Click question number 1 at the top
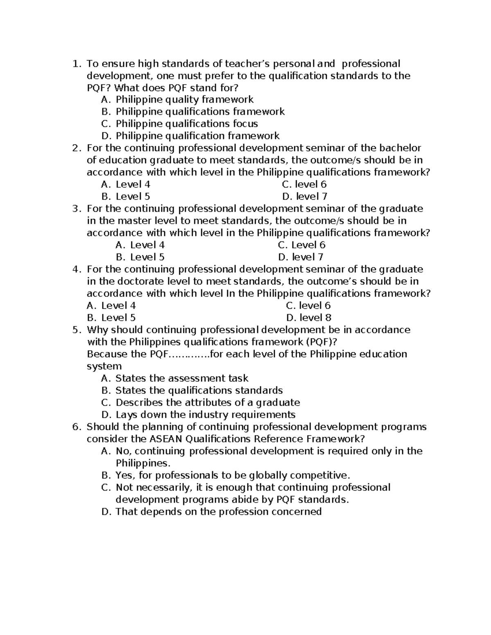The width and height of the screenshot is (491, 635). pos(75,64)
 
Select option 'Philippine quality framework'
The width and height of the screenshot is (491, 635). pos(184,100)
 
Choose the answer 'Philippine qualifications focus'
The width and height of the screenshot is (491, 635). pos(187,124)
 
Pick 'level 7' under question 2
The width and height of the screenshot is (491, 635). pos(304,196)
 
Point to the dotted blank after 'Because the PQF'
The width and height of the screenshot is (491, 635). pos(189,354)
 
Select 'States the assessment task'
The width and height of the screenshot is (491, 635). pos(182,378)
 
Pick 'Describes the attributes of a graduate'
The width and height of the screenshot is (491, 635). pos(207,403)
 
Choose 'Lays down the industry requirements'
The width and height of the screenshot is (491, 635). pos(205,415)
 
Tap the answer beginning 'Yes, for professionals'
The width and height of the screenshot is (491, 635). pos(233,476)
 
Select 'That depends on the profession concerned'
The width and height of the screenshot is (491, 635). pos(218,512)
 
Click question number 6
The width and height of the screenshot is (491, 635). pos(75,427)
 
